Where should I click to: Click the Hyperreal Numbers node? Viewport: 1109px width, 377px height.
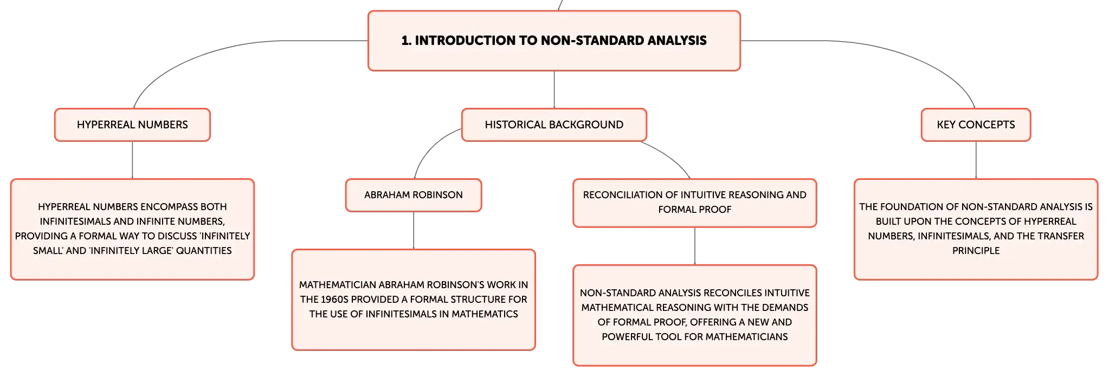tap(132, 125)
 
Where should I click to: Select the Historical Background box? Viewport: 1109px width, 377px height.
tap(554, 125)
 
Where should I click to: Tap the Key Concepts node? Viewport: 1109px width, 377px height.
tap(976, 125)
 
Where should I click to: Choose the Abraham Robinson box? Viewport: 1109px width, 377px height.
tap(414, 195)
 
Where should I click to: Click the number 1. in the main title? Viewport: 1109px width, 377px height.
tap(406, 41)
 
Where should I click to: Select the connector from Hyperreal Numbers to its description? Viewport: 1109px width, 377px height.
tap(132, 160)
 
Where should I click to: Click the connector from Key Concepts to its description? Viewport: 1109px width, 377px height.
tap(976, 160)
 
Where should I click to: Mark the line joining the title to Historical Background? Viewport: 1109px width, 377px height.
tap(554, 89)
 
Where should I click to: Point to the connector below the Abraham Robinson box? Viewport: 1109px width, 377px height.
tap(414, 230)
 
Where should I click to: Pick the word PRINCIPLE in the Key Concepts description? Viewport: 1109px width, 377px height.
tap(976, 251)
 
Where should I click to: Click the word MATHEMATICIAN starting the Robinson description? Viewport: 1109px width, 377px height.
tap(337, 285)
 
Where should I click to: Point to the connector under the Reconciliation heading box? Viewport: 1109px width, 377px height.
tap(695, 246)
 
